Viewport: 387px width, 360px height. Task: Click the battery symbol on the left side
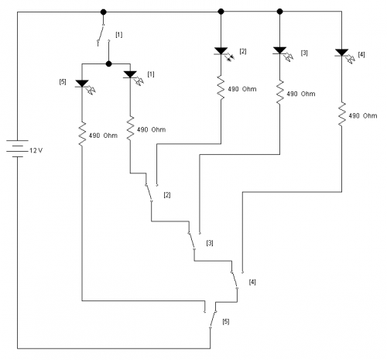17,149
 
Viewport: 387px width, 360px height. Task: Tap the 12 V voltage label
36,150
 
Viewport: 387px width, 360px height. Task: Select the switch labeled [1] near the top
103,35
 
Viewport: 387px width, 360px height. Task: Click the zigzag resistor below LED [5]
82,135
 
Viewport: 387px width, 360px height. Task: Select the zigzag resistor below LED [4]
342,115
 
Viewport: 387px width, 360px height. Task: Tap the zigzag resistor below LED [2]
221,87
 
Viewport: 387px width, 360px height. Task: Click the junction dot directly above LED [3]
279,12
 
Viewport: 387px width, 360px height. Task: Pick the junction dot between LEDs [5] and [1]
109,63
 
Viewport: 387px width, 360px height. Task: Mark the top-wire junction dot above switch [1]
103,12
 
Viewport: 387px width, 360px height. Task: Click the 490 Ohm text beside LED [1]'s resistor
151,129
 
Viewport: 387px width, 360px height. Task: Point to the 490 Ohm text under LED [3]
301,94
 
